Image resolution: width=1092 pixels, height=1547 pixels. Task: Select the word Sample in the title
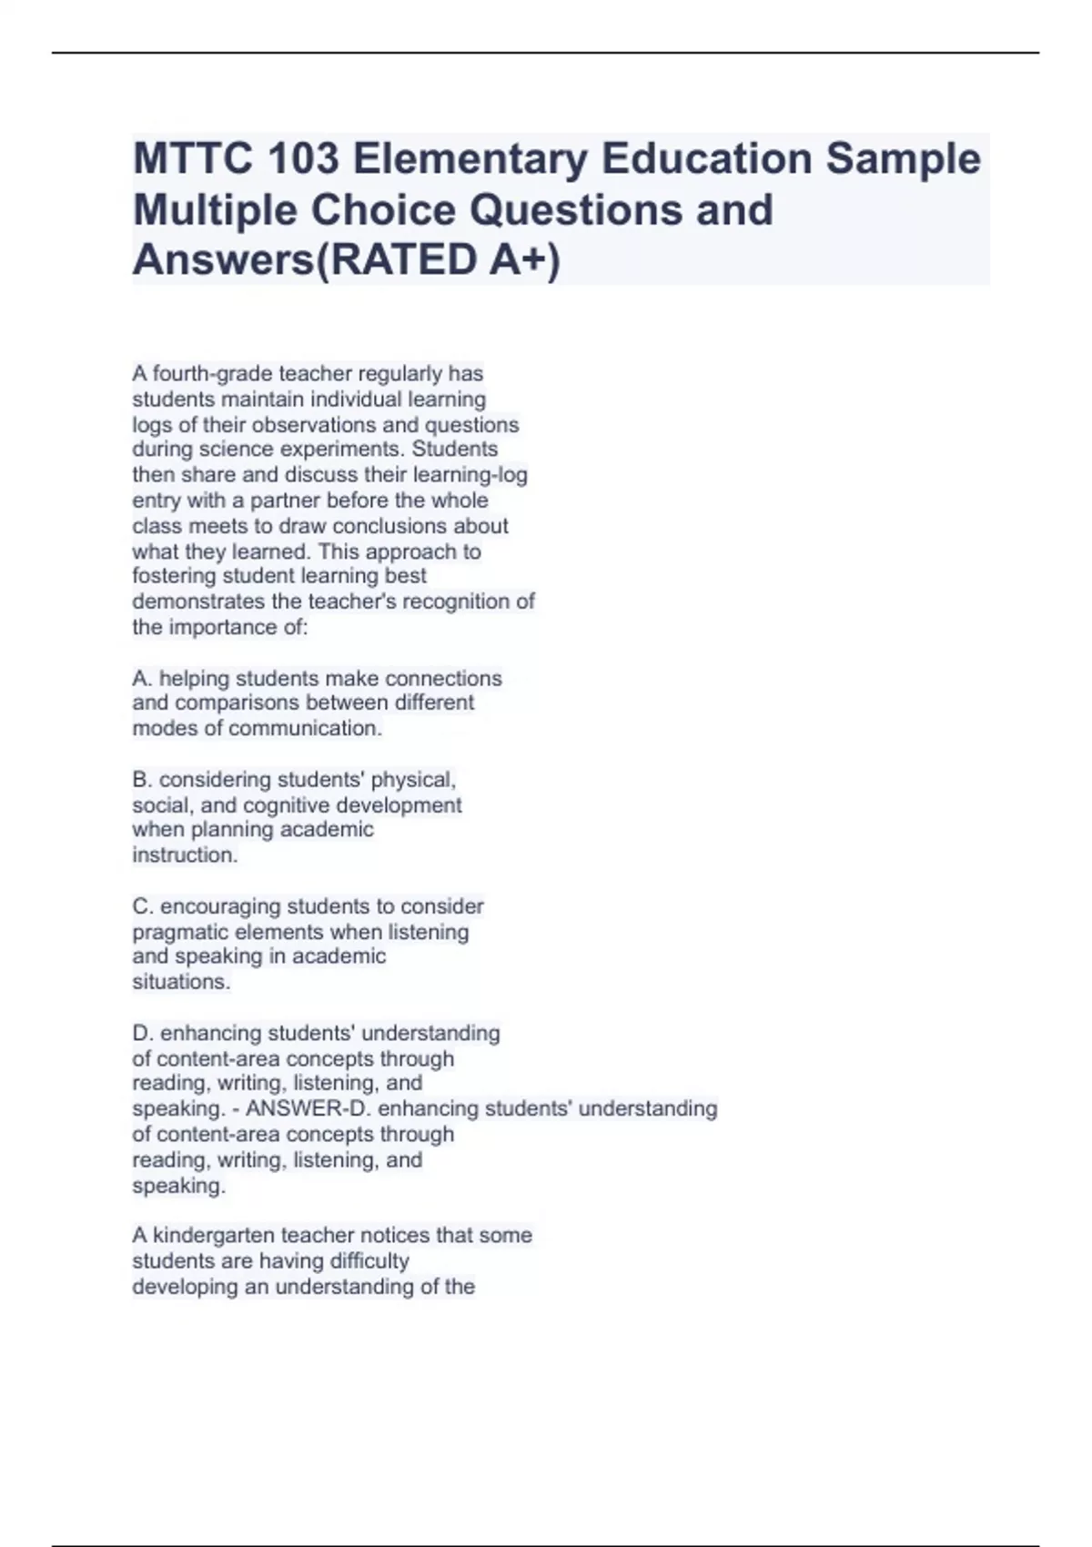[903, 158]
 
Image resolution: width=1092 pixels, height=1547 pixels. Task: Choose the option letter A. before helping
[142, 679]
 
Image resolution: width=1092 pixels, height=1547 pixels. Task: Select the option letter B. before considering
[142, 780]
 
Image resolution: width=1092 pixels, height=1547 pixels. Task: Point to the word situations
[180, 982]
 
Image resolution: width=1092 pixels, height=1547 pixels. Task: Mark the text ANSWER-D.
[308, 1108]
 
